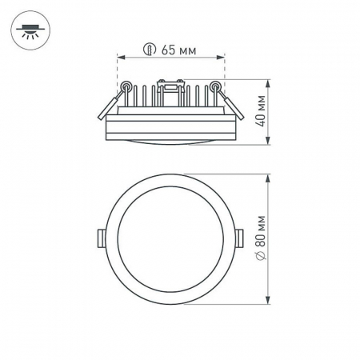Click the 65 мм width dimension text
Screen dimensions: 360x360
[x=178, y=50]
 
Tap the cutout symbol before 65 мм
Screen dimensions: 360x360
[x=147, y=50]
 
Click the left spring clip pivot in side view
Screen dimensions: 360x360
[x=127, y=86]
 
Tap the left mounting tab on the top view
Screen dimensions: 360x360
[x=100, y=238]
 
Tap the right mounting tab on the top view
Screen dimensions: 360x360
[x=242, y=238]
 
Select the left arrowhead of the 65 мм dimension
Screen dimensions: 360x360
[x=120, y=58]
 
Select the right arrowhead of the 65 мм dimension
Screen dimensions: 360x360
[x=222, y=58]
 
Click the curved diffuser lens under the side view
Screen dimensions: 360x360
[x=170, y=140]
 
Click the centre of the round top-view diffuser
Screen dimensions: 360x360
[x=170, y=238]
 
